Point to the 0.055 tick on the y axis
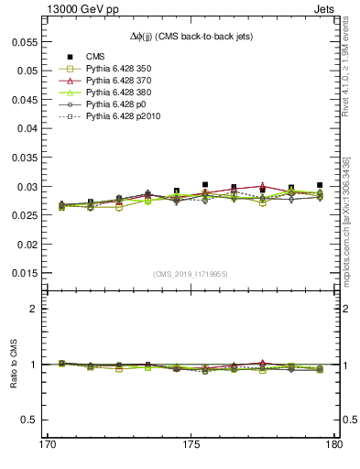tap(26, 42)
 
